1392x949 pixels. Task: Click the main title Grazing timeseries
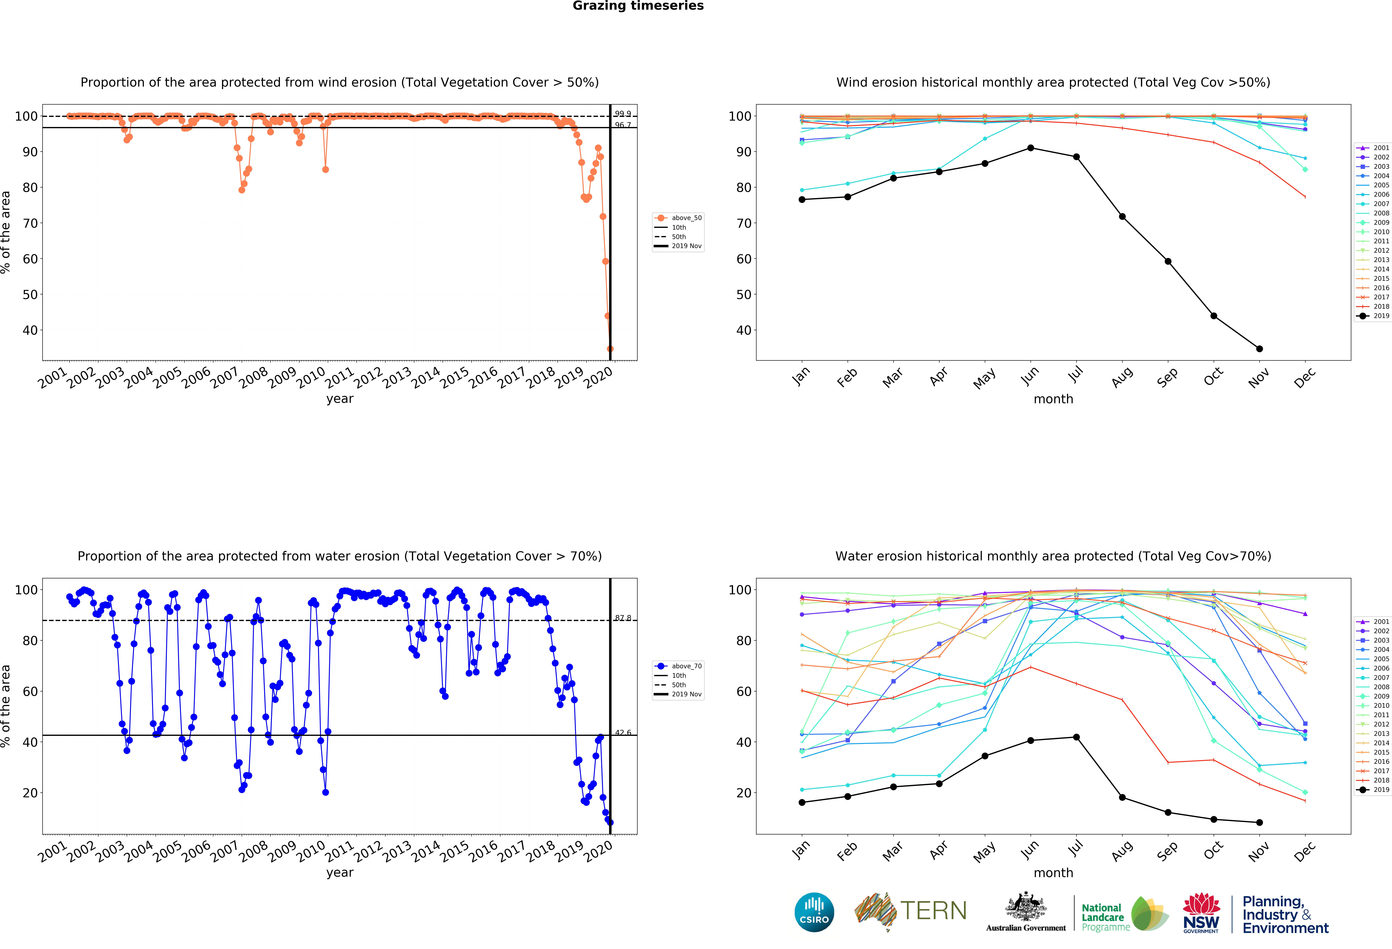click(x=638, y=6)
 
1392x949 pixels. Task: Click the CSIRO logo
click(x=814, y=912)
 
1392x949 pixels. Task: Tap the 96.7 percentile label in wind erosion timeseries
click(x=623, y=125)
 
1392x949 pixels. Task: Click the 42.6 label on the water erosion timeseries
click(x=623, y=733)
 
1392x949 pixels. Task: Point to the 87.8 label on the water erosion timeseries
click(x=623, y=618)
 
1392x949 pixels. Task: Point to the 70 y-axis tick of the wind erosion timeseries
click(x=30, y=223)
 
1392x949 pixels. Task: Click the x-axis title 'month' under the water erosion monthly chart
click(x=1053, y=873)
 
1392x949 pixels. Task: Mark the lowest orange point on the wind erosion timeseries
click(x=610, y=349)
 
